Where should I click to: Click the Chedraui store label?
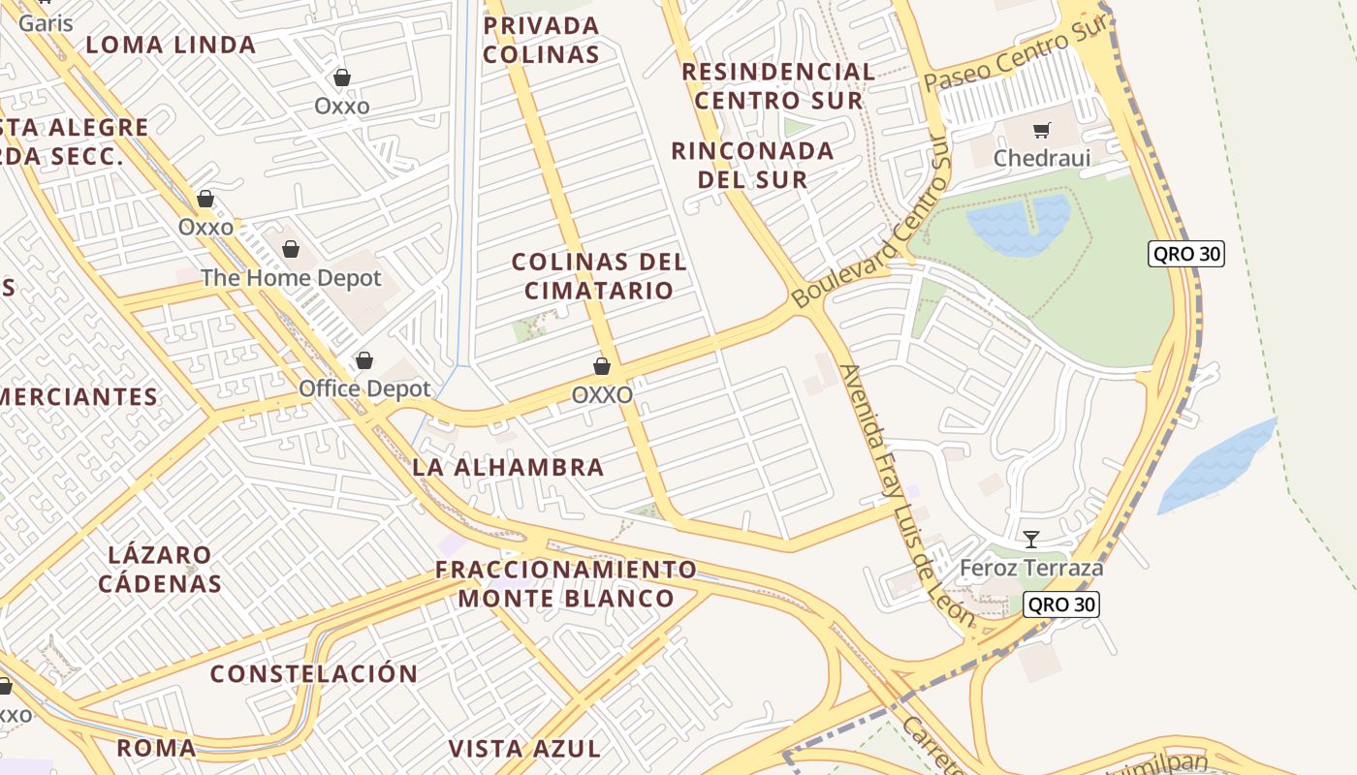[1041, 158]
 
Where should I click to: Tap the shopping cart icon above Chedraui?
[1042, 130]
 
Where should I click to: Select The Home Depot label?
[291, 278]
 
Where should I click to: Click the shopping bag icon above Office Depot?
[364, 360]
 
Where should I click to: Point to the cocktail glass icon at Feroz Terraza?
[1031, 540]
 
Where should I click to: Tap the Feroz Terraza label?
[1031, 568]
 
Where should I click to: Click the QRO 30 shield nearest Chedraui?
[1185, 254]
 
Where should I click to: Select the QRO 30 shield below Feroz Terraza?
[1061, 604]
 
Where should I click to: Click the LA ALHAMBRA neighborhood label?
[508, 467]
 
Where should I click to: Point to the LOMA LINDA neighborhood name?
[171, 45]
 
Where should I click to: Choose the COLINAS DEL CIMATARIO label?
[598, 276]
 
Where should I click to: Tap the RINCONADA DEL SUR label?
[752, 165]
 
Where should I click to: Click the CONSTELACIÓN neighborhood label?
[314, 673]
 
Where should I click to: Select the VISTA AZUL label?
[524, 748]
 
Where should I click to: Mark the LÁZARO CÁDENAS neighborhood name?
[160, 570]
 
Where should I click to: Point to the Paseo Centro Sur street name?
[1014, 56]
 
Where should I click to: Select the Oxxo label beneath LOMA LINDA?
[341, 106]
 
